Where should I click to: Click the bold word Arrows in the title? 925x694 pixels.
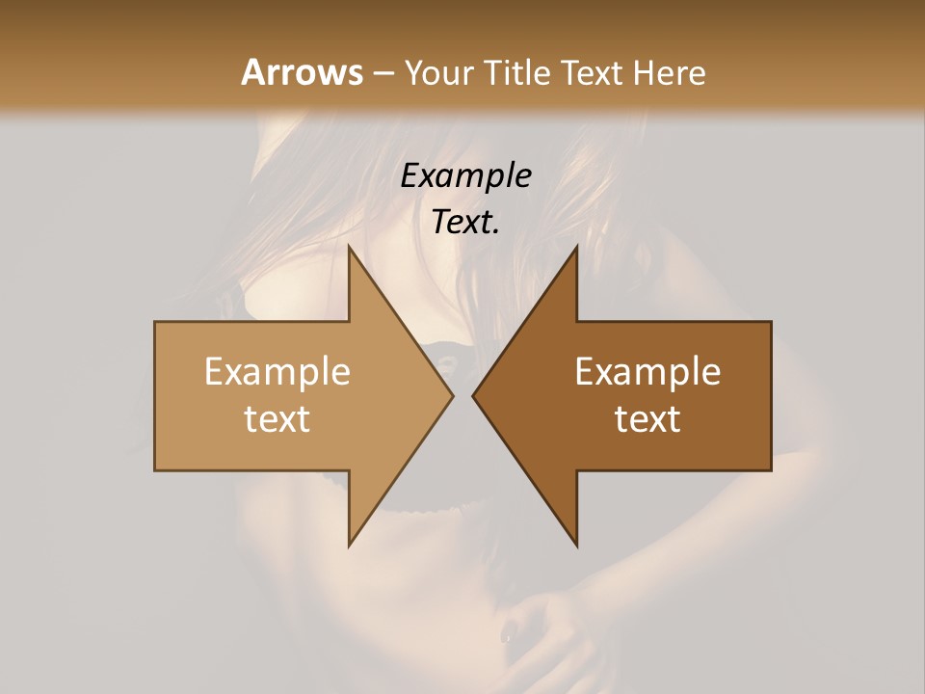click(302, 72)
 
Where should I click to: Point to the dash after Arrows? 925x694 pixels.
click(383, 74)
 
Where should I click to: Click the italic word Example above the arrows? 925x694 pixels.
click(466, 175)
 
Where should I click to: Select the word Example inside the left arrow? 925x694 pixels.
click(277, 371)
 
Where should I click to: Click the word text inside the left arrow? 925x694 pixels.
click(277, 419)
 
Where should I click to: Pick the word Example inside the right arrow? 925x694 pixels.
click(647, 371)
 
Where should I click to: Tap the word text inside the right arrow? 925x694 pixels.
click(647, 419)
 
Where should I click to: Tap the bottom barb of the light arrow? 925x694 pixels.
click(352, 540)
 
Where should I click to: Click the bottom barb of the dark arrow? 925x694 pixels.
click(574, 540)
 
